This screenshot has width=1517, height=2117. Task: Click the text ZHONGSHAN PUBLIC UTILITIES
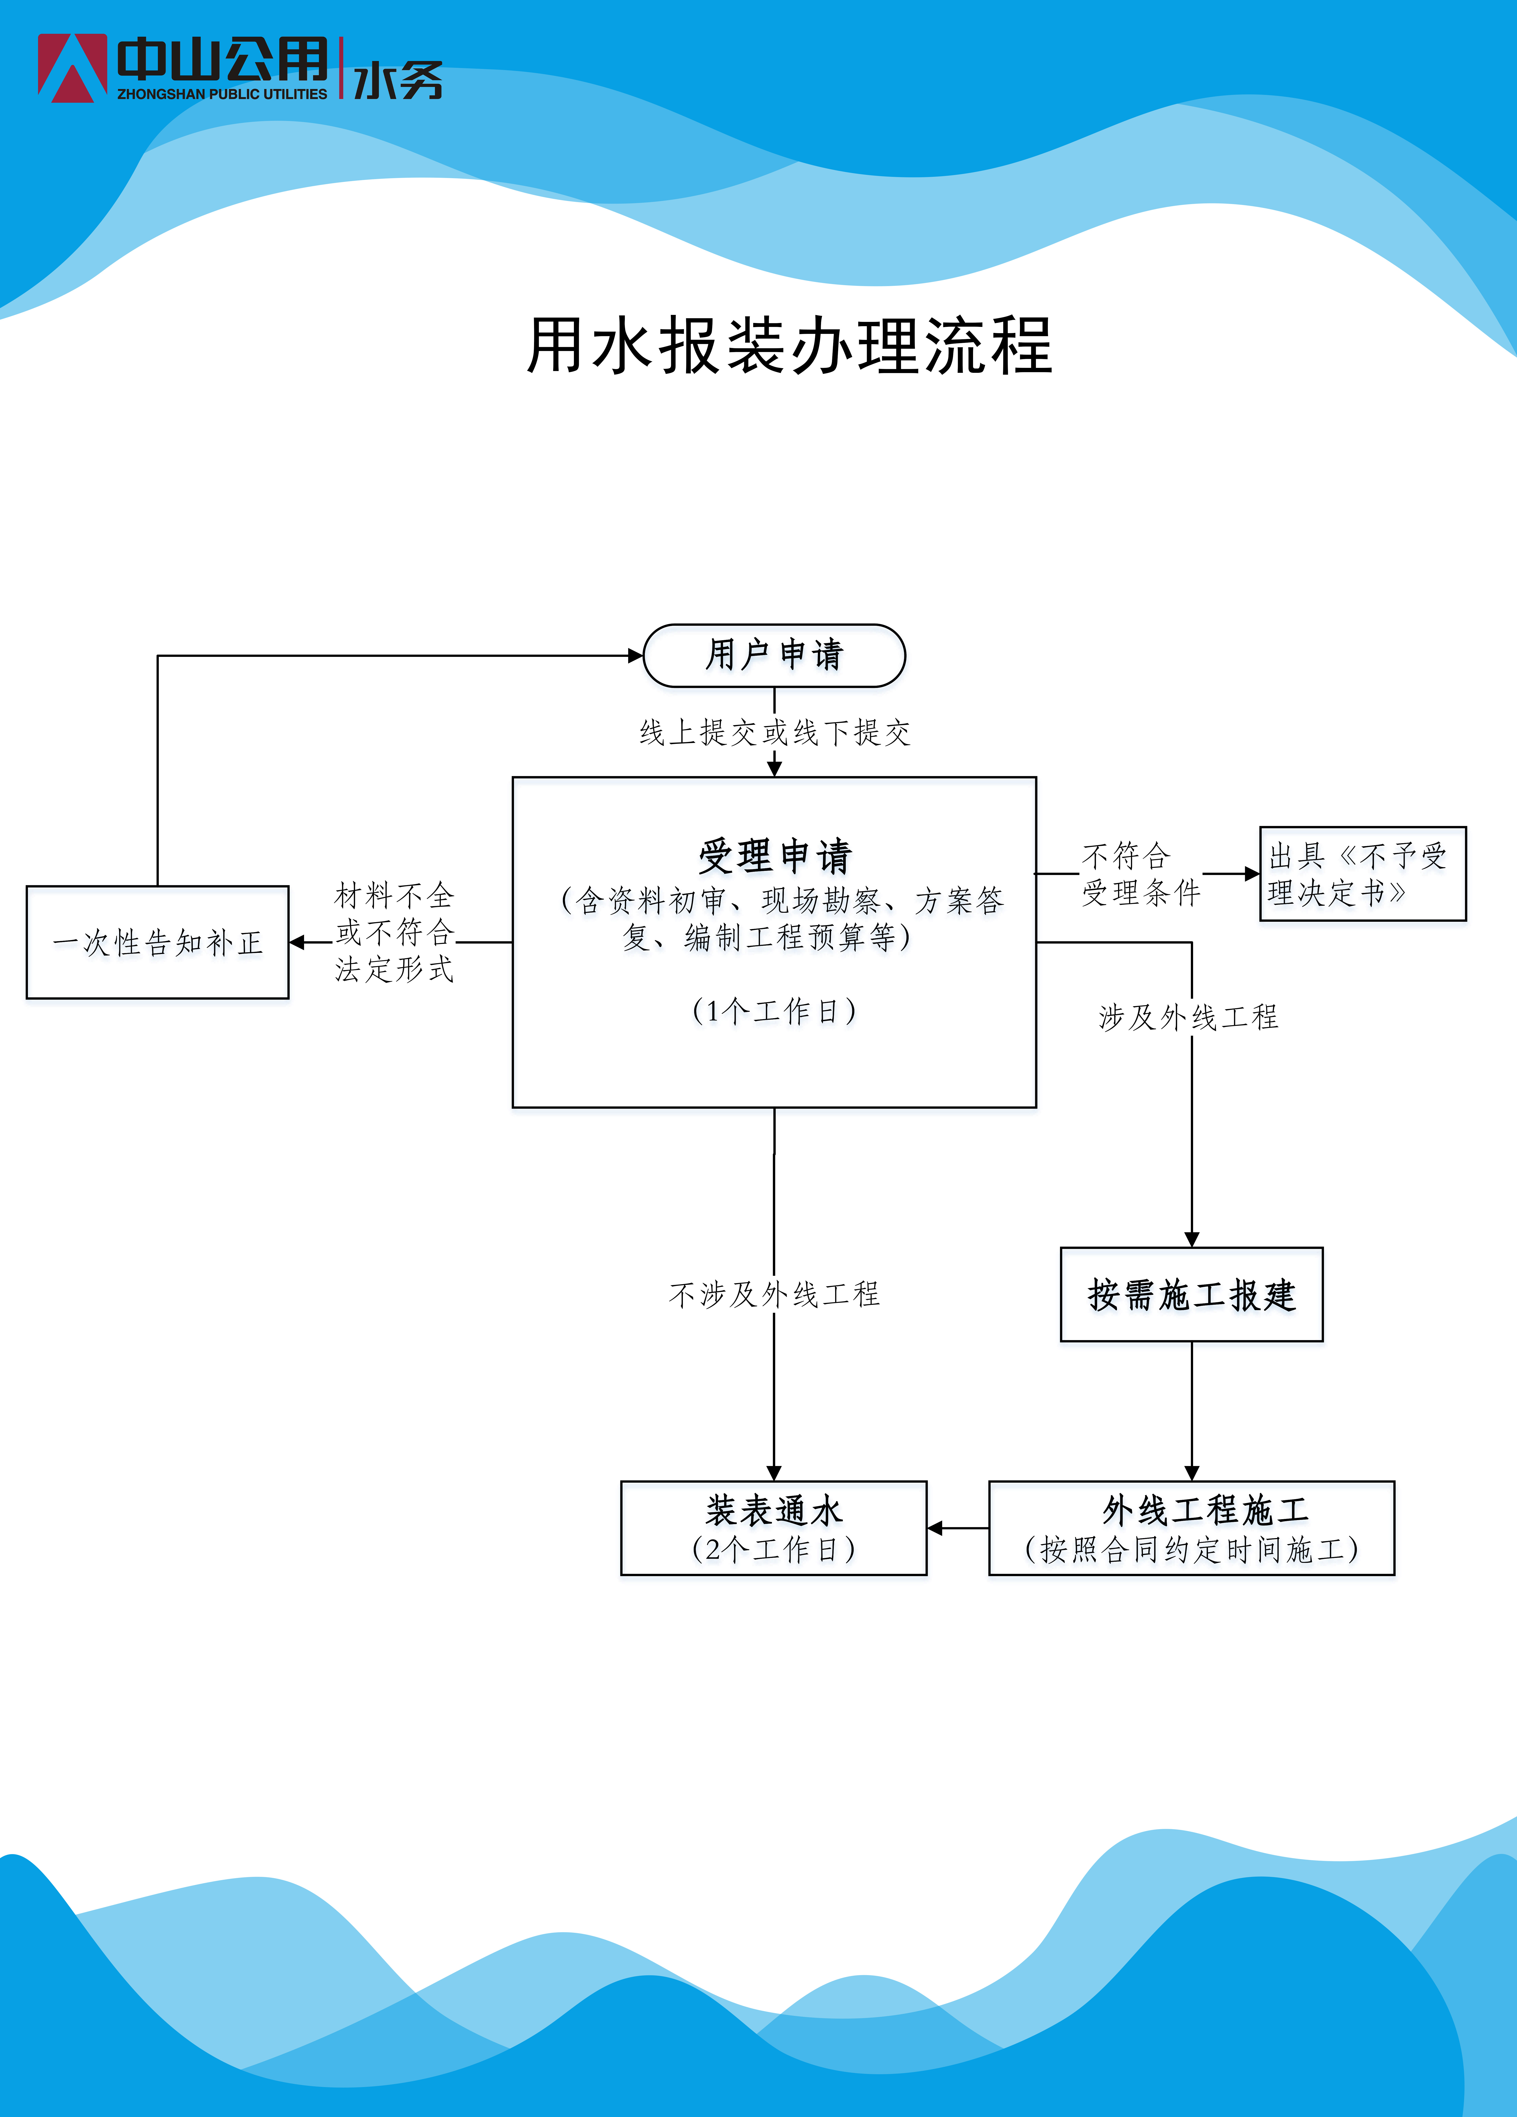pyautogui.click(x=222, y=94)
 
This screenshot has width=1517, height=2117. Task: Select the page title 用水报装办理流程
pyautogui.click(x=790, y=345)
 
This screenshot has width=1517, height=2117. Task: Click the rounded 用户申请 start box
pyautogui.click(x=774, y=655)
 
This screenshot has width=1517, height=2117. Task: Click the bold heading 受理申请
pyautogui.click(x=775, y=855)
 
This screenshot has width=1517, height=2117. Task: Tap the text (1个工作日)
pyautogui.click(x=774, y=1010)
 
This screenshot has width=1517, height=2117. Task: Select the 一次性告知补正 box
pyautogui.click(x=158, y=942)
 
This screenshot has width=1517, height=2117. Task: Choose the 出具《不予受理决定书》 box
pyautogui.click(x=1363, y=874)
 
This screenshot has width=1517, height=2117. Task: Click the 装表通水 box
pyautogui.click(x=774, y=1528)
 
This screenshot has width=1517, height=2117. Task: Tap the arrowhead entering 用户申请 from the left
pyautogui.click(x=636, y=655)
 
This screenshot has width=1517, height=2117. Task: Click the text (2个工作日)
pyautogui.click(x=774, y=1550)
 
